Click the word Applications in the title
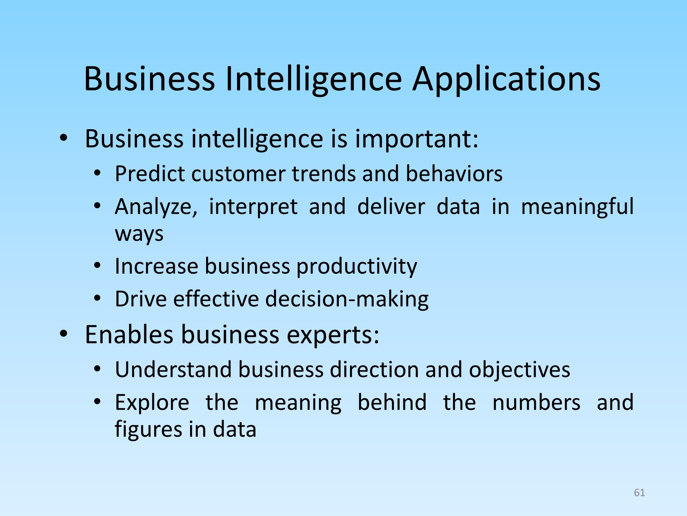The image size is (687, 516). (x=506, y=79)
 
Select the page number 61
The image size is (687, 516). (x=639, y=493)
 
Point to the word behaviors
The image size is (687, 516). (x=454, y=174)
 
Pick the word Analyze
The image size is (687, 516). (x=156, y=207)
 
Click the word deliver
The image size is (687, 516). (x=391, y=207)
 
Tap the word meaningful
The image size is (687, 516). (x=577, y=207)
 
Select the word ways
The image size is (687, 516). (x=139, y=234)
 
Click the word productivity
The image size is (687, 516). (x=357, y=266)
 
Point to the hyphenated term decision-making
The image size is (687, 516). (x=347, y=299)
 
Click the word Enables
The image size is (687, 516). (x=129, y=334)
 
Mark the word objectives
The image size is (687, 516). (x=519, y=370)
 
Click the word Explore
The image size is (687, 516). (x=152, y=403)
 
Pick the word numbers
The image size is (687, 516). (x=536, y=402)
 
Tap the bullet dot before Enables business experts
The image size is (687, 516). (x=64, y=334)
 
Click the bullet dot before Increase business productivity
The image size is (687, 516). (x=97, y=265)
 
